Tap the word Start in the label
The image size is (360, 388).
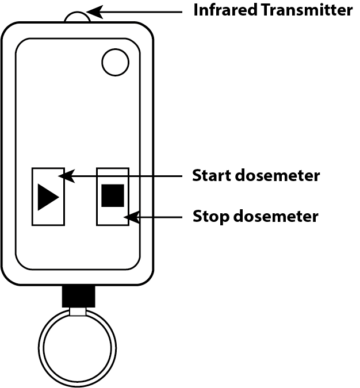(211, 175)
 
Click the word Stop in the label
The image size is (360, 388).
(210, 217)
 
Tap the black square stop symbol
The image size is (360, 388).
(113, 195)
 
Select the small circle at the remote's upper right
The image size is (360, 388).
(115, 62)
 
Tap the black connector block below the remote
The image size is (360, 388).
(78, 296)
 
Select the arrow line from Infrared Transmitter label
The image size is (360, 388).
(144, 10)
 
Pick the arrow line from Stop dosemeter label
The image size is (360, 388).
(161, 217)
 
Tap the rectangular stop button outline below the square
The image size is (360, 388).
(113, 217)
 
